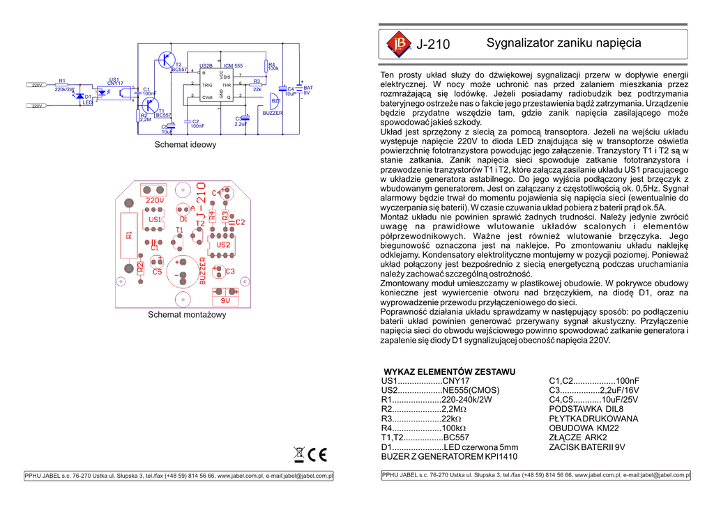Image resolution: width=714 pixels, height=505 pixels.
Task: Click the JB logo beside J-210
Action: tap(399, 45)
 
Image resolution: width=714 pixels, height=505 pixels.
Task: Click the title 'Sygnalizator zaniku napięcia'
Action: tap(563, 43)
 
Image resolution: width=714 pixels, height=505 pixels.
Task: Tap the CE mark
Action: tap(318, 454)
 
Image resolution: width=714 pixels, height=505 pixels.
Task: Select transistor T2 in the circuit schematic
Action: tap(166, 60)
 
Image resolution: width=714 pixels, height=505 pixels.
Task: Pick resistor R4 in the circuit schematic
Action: tap(266, 67)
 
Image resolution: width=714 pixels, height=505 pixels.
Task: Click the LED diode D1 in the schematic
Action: tap(81, 96)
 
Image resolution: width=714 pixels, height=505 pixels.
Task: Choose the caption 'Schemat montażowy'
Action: tap(187, 315)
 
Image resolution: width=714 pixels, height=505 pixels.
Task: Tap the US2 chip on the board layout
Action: tap(223, 244)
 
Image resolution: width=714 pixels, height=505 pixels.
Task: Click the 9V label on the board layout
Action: tap(225, 301)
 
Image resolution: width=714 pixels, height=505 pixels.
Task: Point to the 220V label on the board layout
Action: tap(155, 200)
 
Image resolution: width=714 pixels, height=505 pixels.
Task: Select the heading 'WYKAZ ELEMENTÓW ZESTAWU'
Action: tap(450, 371)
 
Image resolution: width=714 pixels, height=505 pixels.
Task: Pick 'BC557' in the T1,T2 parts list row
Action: tap(457, 437)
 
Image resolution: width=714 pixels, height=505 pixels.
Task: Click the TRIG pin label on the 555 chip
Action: tap(207, 85)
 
